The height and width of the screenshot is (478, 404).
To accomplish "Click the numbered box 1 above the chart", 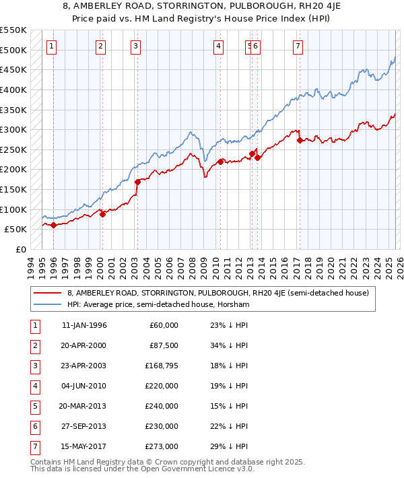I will point(52,46).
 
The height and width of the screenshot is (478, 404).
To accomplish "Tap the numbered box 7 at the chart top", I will point(298,46).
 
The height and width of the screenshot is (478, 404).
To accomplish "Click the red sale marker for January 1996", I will point(53,226).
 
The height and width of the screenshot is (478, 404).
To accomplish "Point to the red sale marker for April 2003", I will point(137,182).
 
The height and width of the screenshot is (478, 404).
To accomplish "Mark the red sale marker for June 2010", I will point(220,162).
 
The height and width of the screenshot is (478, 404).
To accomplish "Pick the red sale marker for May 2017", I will point(300,140).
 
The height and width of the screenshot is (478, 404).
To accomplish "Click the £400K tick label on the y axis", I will point(13,90).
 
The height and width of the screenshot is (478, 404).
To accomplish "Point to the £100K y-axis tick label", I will point(13,209).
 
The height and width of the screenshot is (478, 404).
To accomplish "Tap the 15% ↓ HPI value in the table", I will point(229,407).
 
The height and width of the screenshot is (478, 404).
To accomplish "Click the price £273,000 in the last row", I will point(161,447).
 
